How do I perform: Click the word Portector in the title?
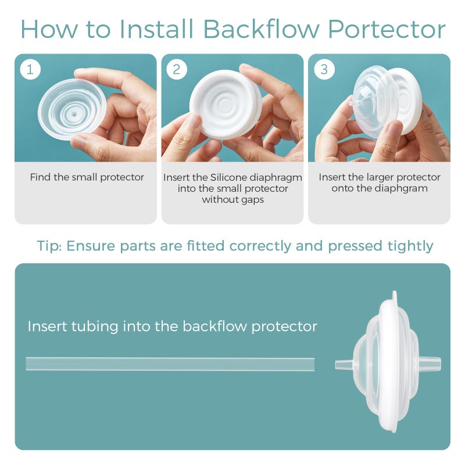[387, 30]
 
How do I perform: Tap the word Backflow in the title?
[261, 28]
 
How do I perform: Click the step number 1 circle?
[30, 70]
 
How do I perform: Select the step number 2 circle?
[177, 70]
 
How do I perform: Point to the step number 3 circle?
[324, 70]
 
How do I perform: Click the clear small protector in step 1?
[72, 109]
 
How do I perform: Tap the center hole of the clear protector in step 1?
[74, 114]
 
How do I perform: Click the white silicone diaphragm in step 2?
[226, 105]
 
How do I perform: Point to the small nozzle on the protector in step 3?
[356, 103]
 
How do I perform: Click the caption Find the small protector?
[87, 177]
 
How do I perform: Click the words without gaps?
[233, 199]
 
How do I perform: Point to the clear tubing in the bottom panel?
[170, 364]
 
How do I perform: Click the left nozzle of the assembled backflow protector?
[345, 365]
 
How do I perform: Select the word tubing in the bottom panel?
[95, 327]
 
